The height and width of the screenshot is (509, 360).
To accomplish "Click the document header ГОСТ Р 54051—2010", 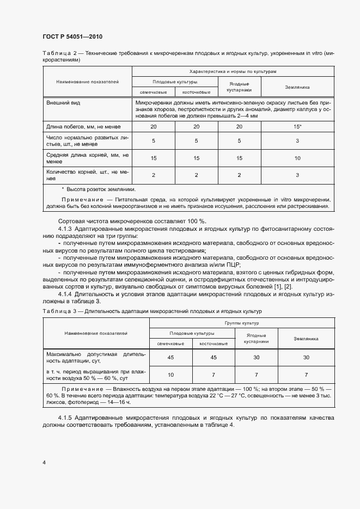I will (x=72, y=37).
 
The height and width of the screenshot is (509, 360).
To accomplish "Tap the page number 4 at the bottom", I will (x=44, y=462).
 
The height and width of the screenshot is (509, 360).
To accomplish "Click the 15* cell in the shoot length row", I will (x=297, y=127).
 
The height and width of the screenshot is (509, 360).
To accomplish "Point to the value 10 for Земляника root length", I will (x=297, y=158).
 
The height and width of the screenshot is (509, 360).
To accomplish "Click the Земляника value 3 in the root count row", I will (x=297, y=175).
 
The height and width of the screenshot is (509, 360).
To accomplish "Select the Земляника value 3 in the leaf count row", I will (x=297, y=140).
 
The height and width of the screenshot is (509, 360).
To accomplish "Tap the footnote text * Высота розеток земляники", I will (x=98, y=189).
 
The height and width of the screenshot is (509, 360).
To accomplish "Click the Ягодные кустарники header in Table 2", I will (x=240, y=87).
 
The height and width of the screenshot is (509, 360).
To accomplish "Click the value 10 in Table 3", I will (x=170, y=375).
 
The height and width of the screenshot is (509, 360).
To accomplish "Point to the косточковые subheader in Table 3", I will (x=213, y=344).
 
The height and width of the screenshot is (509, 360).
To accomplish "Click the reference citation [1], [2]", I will (x=283, y=286).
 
